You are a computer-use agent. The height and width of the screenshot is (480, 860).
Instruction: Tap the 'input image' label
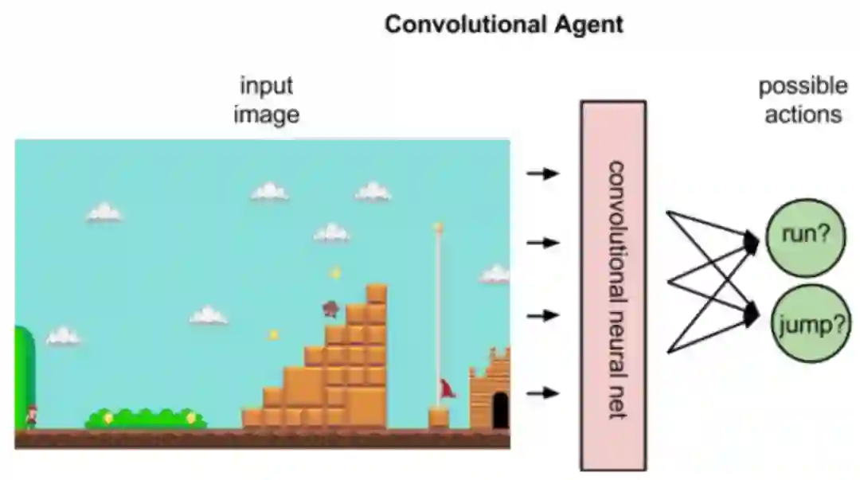[x=267, y=100]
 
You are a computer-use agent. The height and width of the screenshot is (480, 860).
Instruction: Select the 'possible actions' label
[x=803, y=100]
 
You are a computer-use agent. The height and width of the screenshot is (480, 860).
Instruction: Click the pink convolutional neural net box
[x=612, y=285]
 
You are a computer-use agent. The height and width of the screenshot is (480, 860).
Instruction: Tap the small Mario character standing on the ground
[x=31, y=416]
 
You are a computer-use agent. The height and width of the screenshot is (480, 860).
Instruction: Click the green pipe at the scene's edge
[x=25, y=374]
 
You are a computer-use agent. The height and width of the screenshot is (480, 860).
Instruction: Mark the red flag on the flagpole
[x=447, y=388]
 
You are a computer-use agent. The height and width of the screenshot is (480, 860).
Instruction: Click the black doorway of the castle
[x=500, y=410]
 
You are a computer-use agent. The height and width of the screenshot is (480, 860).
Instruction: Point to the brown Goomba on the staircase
[x=330, y=308]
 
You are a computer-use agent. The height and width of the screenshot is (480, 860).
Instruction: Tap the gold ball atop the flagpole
[x=437, y=227]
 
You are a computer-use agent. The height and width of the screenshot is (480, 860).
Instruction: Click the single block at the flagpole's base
[x=439, y=417]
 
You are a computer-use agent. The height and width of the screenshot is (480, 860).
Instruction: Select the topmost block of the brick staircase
[x=376, y=294]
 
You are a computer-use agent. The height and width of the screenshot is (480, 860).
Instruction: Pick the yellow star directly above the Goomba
[x=335, y=273]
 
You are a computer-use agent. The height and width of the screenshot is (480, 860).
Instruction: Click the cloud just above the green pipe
[x=63, y=337]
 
